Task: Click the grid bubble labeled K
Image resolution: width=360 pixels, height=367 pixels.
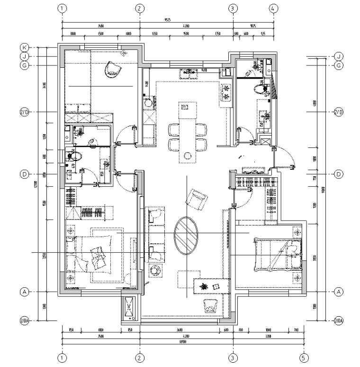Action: point(24,47)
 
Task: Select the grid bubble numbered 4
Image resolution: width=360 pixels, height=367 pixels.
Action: point(273,8)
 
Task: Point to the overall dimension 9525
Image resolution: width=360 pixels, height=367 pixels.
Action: point(168,20)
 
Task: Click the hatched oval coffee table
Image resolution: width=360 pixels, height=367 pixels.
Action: point(186,235)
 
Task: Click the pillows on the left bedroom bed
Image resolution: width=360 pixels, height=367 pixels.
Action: point(99,255)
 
